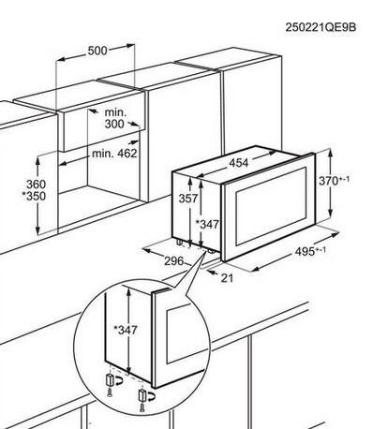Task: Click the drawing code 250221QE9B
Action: (321, 27)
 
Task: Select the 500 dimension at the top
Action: (97, 51)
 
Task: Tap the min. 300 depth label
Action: (114, 118)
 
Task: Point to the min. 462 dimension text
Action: (114, 154)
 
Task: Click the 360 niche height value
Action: (36, 184)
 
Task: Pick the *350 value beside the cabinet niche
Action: (34, 196)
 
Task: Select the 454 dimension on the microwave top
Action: (239, 163)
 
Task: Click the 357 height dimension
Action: (188, 199)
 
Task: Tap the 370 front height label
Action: (334, 181)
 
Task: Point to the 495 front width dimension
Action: (310, 251)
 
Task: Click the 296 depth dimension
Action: (174, 261)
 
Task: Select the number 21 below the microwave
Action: (227, 278)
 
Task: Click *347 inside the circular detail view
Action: (126, 330)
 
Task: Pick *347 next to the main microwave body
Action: (207, 224)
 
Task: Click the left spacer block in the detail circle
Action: (109, 380)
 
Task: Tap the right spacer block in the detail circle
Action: (142, 395)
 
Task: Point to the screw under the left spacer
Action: (109, 392)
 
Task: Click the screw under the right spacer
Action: (142, 407)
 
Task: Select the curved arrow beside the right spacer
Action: (151, 396)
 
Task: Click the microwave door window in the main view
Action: (271, 206)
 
